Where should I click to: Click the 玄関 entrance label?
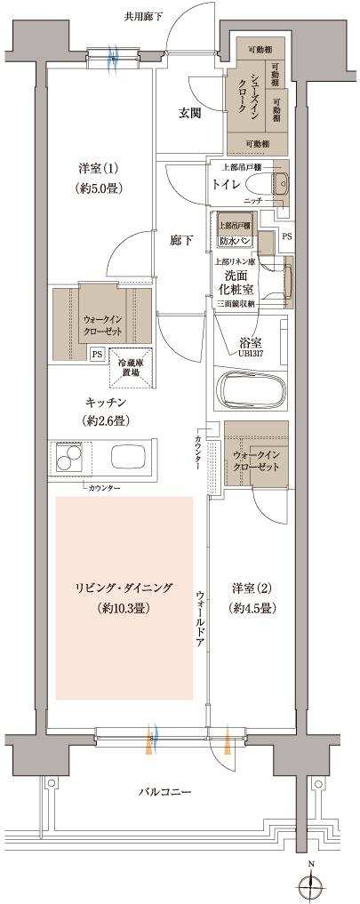(x=187, y=113)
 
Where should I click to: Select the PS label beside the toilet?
(x=285, y=237)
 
